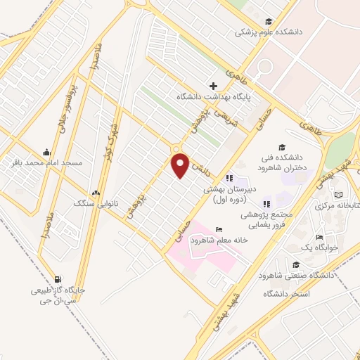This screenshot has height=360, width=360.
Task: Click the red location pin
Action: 181,165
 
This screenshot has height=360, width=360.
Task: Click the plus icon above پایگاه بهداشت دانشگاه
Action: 213,85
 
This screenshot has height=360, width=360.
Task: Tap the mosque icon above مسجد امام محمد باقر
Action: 46,151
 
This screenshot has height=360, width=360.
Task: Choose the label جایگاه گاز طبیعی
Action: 57,290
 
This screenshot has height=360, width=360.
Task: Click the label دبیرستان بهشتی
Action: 232,189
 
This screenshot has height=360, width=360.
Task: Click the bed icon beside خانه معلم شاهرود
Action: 219,229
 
